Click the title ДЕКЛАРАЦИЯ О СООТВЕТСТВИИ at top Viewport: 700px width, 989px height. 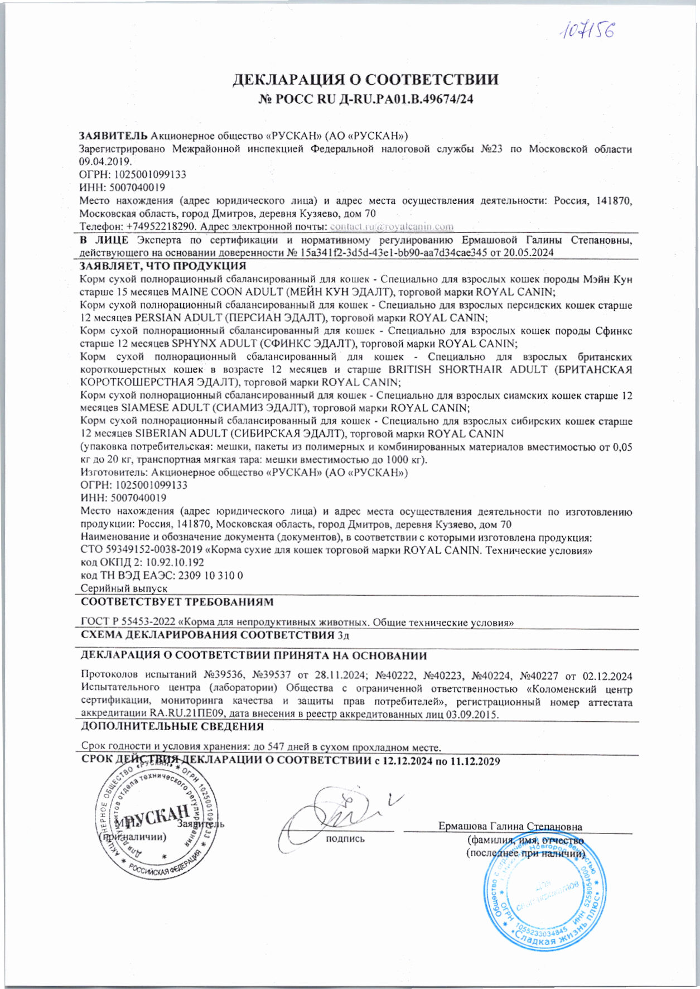[x=365, y=79]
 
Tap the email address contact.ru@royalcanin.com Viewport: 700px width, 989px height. [x=392, y=226]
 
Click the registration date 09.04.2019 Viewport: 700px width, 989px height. [x=105, y=162]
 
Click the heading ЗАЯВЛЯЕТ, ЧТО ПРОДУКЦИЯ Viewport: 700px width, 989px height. [x=162, y=266]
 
